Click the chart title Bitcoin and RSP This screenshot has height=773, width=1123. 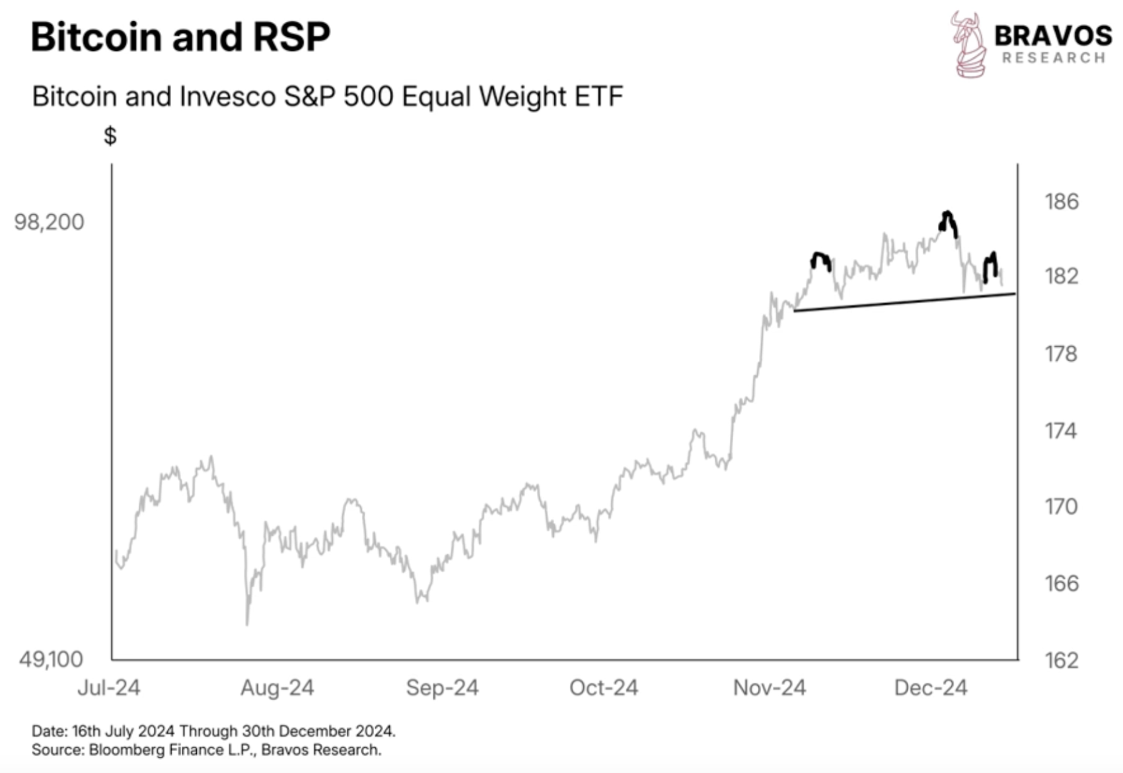tap(180, 36)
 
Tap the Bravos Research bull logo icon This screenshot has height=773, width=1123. tap(968, 44)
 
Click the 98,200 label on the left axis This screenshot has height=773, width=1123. tap(49, 222)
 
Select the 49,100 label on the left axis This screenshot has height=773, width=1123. tap(51, 659)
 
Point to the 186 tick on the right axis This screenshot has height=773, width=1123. tap(1062, 202)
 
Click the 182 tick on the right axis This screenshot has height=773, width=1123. tap(1062, 276)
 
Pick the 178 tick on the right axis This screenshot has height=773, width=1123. tap(1061, 354)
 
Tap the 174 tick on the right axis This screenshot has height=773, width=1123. tap(1061, 431)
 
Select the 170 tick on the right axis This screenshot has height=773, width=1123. tap(1061, 507)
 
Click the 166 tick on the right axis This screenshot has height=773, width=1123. tap(1062, 583)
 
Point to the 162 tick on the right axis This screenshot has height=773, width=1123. tap(1062, 661)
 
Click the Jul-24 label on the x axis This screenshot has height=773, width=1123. tap(109, 688)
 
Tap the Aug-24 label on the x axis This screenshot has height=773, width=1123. tap(277, 688)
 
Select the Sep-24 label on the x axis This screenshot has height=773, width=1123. tap(442, 688)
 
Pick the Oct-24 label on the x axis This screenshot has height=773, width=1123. tap(604, 688)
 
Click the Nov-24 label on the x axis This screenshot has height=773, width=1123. tap(770, 688)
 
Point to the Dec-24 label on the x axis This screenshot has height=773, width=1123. tap(931, 688)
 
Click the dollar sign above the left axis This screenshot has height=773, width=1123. tap(110, 136)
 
